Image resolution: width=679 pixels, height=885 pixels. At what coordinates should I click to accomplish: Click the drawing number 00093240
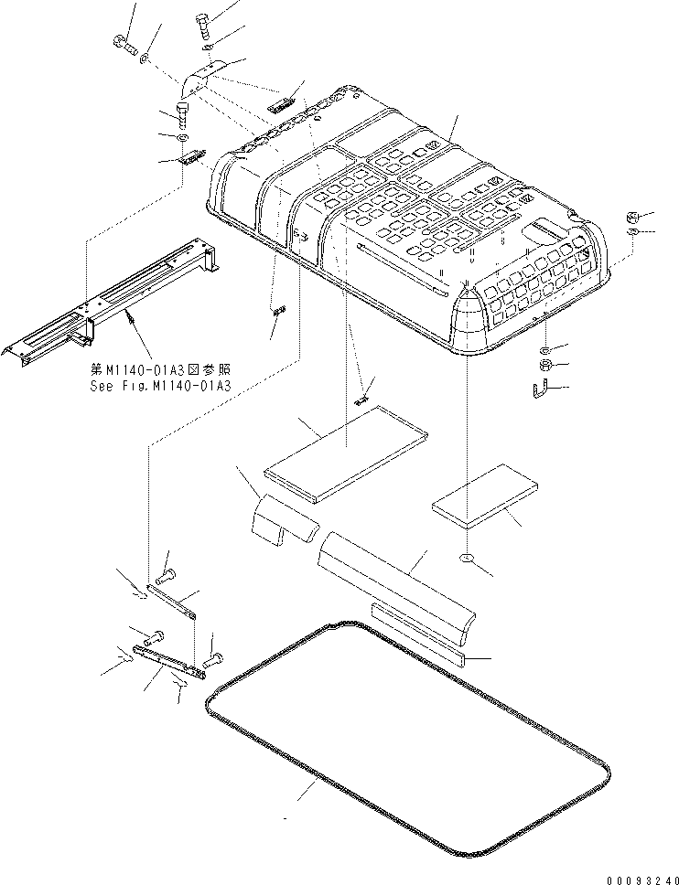click(642, 880)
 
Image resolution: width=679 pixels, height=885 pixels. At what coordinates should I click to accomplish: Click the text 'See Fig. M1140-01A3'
click(160, 386)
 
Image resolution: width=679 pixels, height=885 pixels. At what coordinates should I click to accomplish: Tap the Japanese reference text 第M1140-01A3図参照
click(160, 370)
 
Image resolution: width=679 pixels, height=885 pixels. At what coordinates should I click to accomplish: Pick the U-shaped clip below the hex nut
click(540, 389)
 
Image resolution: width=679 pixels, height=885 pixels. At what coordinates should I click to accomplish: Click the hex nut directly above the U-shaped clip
click(544, 365)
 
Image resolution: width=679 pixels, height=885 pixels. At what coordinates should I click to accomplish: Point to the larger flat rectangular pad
click(346, 452)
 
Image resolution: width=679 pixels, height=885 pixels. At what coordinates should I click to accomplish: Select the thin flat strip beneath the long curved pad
click(417, 633)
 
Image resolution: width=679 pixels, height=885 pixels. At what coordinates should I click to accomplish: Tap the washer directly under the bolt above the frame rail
click(182, 138)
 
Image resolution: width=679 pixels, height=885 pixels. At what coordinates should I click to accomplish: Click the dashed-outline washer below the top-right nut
click(632, 232)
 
